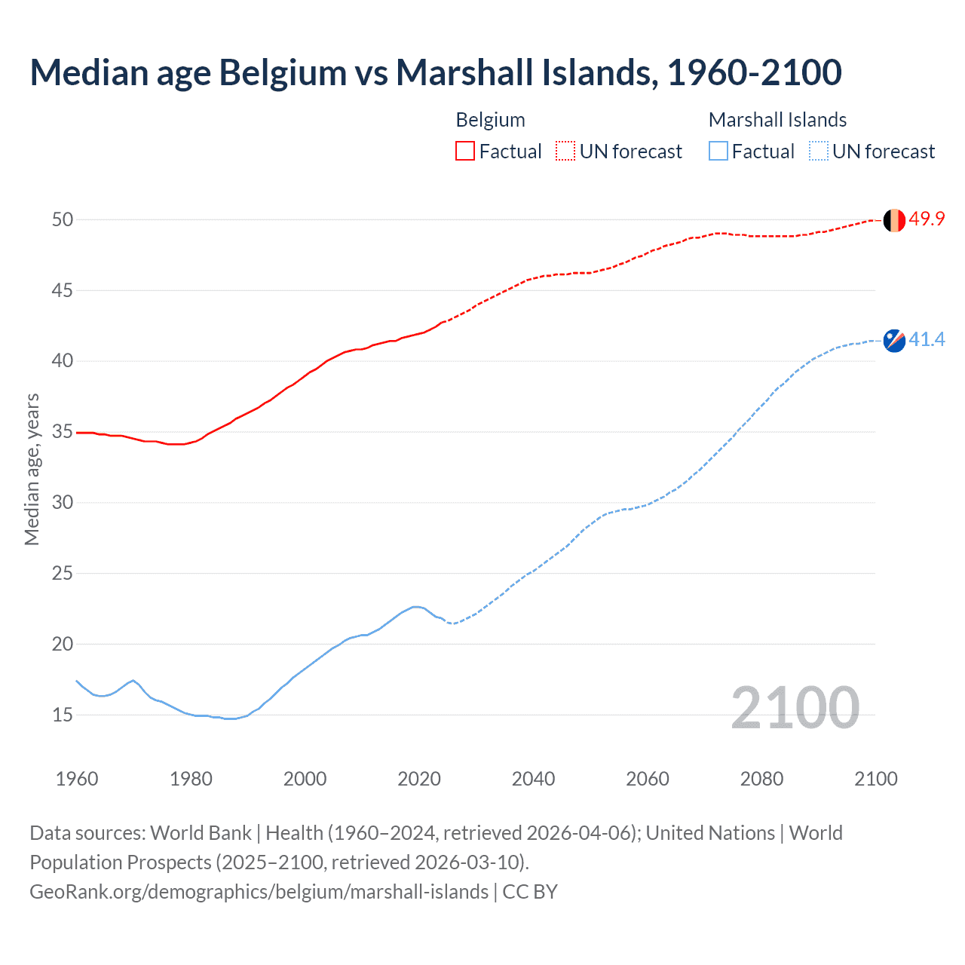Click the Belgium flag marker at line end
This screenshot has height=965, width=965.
tap(894, 220)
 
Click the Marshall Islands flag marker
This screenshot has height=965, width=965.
tap(894, 341)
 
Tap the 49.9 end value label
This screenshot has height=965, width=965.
tap(927, 219)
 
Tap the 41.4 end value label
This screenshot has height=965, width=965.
tap(927, 339)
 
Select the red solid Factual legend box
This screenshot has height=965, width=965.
tap(465, 152)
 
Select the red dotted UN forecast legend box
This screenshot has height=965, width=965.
tap(565, 152)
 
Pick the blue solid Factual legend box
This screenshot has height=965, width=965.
tap(718, 152)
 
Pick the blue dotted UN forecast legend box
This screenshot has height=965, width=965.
tap(818, 152)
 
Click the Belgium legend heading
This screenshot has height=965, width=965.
tap(490, 120)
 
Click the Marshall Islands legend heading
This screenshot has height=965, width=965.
tap(777, 120)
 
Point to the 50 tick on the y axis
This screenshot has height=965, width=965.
tap(63, 219)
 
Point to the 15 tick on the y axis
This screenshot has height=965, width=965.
tap(63, 715)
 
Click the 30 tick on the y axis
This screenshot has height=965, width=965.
tap(63, 502)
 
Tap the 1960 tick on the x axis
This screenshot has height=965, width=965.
tap(77, 779)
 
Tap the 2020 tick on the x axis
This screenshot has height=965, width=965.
tap(419, 779)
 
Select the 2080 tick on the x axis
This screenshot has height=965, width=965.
tap(761, 779)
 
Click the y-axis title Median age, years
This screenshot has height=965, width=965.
tap(32, 469)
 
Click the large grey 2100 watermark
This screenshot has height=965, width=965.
tap(795, 708)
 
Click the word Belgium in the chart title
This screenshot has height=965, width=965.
tap(283, 72)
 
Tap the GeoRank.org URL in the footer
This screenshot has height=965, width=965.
tap(259, 892)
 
